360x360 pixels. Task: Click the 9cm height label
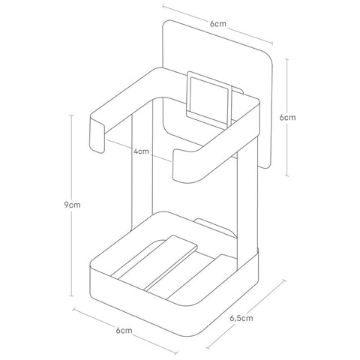pyautogui.click(x=72, y=205)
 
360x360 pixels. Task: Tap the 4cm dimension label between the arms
pyautogui.click(x=141, y=151)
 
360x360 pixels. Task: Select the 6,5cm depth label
pyautogui.click(x=241, y=318)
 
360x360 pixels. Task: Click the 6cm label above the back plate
pyautogui.click(x=218, y=24)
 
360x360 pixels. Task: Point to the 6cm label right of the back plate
pyautogui.click(x=287, y=117)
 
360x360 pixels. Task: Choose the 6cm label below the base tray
pyautogui.click(x=124, y=331)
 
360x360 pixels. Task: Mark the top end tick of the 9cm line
pyautogui.click(x=72, y=115)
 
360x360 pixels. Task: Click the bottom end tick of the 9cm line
pyautogui.click(x=72, y=295)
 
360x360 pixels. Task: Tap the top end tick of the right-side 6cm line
pyautogui.click(x=287, y=59)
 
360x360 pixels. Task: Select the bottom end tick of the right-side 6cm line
pyautogui.click(x=287, y=175)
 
